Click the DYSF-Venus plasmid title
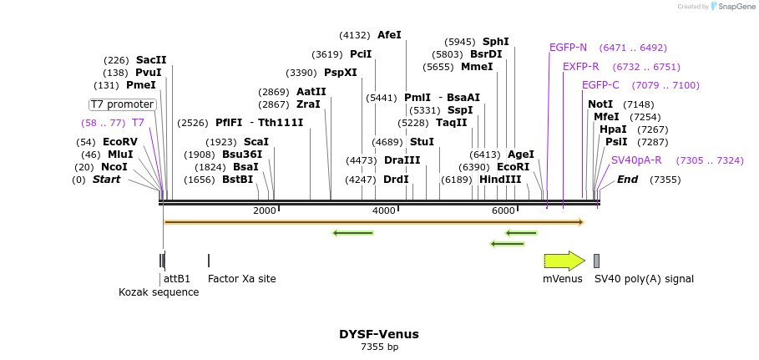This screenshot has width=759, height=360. tap(379, 334)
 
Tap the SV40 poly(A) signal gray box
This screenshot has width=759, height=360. tap(596, 261)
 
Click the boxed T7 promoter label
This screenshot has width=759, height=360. tap(123, 104)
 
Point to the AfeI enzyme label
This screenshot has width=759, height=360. tap(389, 35)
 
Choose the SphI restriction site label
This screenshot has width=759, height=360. tap(495, 42)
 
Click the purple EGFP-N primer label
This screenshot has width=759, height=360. tap(568, 48)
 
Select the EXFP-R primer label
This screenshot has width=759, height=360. tap(580, 67)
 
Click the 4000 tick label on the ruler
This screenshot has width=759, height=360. tap(384, 210)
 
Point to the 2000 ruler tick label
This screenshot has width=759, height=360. tap(265, 210)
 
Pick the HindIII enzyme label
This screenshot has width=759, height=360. tap(499, 180)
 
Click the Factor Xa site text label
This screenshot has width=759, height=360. tap(241, 279)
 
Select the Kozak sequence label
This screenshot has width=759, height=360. tap(159, 292)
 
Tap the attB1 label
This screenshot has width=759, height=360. tap(177, 279)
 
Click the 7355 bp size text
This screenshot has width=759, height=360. tap(379, 347)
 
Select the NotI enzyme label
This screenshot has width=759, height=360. tap(600, 104)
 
